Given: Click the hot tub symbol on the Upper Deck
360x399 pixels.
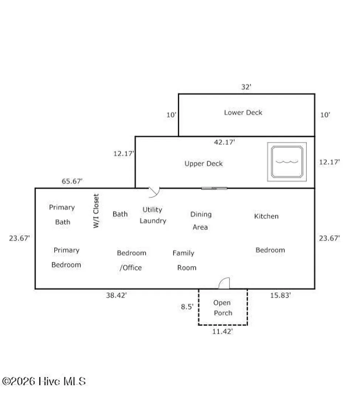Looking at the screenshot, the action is pos(287,162).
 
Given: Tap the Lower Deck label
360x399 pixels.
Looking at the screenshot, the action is pos(243,112).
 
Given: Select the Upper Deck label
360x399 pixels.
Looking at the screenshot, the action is pos(203,164).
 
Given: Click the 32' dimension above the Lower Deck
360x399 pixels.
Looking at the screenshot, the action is pos(246,87).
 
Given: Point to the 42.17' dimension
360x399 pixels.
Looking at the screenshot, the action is pos(224,142).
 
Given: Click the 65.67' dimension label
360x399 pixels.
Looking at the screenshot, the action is pos(72,181).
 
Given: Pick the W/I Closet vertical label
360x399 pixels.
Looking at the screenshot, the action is pos(96,211).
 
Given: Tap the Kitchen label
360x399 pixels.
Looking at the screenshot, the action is pos(266,216).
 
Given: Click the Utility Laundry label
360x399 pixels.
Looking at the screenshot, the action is pos(153,215).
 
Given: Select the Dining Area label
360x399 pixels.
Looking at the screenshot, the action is pos(201,221).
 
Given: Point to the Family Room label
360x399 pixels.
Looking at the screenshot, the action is pos(184,260).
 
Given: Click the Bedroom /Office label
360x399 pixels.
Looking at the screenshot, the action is pos(131,260).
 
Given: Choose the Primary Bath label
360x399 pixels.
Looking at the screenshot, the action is pos(62,215).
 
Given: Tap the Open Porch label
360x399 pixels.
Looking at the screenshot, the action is pos(223,308).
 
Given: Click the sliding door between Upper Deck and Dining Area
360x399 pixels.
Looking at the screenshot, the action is pos(214,188).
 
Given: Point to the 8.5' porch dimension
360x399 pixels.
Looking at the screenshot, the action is pos(187,307).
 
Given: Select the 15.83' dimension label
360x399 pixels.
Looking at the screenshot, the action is pos(280,295).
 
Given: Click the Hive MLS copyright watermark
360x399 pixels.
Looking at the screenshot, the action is pos(44,381).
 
